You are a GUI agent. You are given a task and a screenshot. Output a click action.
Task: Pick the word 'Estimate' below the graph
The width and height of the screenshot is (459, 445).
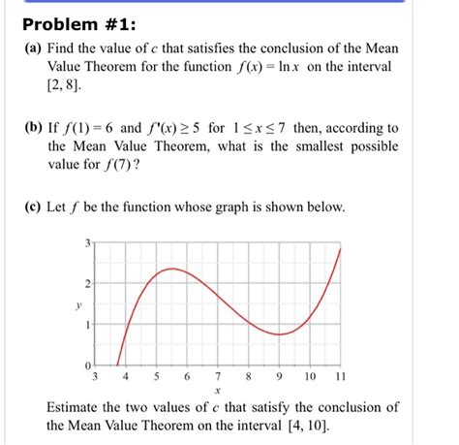(x=76, y=407)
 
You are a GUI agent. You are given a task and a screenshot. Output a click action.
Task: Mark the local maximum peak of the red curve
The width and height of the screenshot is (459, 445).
(x=170, y=268)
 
